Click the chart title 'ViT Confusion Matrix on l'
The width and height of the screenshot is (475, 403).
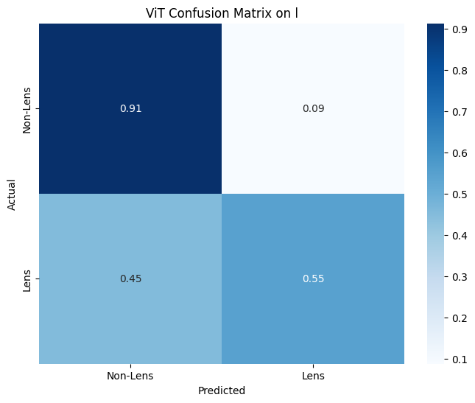222,12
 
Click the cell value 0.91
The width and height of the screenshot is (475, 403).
130,109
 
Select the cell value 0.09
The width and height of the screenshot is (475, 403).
313,109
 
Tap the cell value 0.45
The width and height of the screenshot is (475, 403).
130,278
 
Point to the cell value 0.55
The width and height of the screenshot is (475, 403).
313,278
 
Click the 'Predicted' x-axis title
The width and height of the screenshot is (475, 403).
222,390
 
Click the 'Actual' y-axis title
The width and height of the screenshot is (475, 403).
12,194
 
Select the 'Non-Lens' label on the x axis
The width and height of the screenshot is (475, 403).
130,376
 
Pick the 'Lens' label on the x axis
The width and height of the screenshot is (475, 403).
313,376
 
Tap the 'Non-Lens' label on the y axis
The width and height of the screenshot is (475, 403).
28,109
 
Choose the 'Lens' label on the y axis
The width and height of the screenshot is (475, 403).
28,278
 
